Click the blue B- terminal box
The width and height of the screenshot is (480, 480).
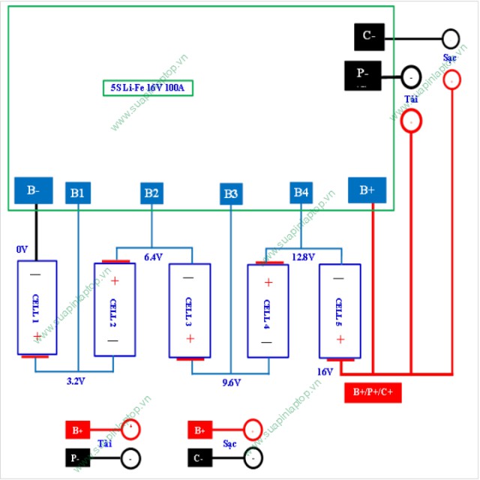tap(34, 190)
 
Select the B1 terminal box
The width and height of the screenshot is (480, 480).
tap(77, 193)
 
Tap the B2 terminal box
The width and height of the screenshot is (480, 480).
tap(151, 193)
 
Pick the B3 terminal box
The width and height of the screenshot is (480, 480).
tap(231, 194)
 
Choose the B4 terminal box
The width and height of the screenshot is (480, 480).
tap(301, 193)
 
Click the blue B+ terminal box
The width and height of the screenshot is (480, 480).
tap(367, 190)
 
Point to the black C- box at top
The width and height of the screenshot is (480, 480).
tap(369, 36)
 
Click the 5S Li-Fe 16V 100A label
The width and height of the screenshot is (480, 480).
tap(148, 88)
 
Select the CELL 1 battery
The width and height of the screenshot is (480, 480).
tap(37, 307)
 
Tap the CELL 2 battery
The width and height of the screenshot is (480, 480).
tap(113, 309)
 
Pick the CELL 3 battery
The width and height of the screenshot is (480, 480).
tap(189, 310)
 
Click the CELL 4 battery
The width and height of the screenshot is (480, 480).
tap(267, 309)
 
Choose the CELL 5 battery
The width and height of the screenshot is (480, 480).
tap(340, 310)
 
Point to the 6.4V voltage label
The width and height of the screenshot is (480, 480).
tap(153, 256)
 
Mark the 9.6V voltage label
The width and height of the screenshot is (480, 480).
tap(231, 382)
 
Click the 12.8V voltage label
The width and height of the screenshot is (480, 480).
tap(302, 256)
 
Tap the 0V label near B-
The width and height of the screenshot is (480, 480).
tap(22, 248)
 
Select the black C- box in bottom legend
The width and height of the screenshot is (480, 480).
tap(199, 457)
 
